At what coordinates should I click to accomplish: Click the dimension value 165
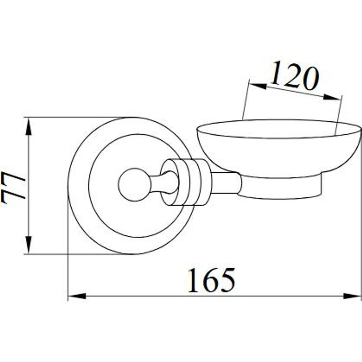(211, 280)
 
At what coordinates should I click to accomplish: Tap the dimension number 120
(295, 75)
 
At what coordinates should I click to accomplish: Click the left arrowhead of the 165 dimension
(77, 296)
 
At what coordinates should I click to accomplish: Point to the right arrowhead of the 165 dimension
(352, 296)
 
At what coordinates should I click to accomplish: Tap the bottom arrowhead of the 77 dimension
(28, 245)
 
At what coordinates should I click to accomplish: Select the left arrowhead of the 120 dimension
(258, 86)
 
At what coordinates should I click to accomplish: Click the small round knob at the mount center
(134, 185)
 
